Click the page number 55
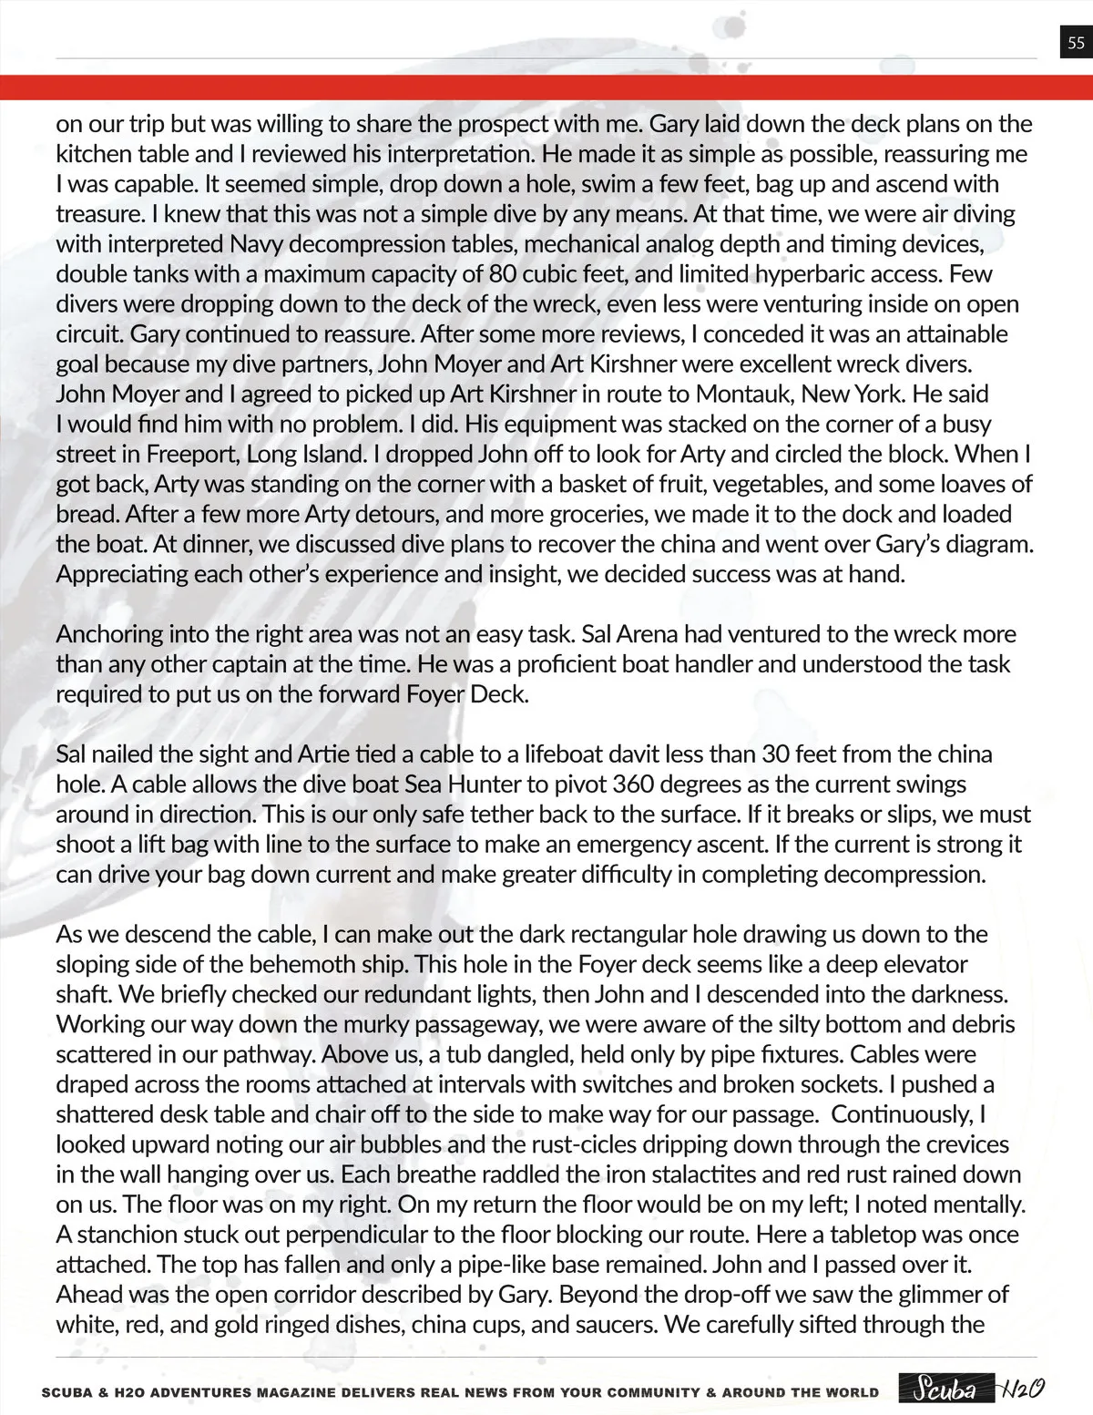tap(1076, 43)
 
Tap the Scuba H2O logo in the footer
tap(970, 1390)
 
